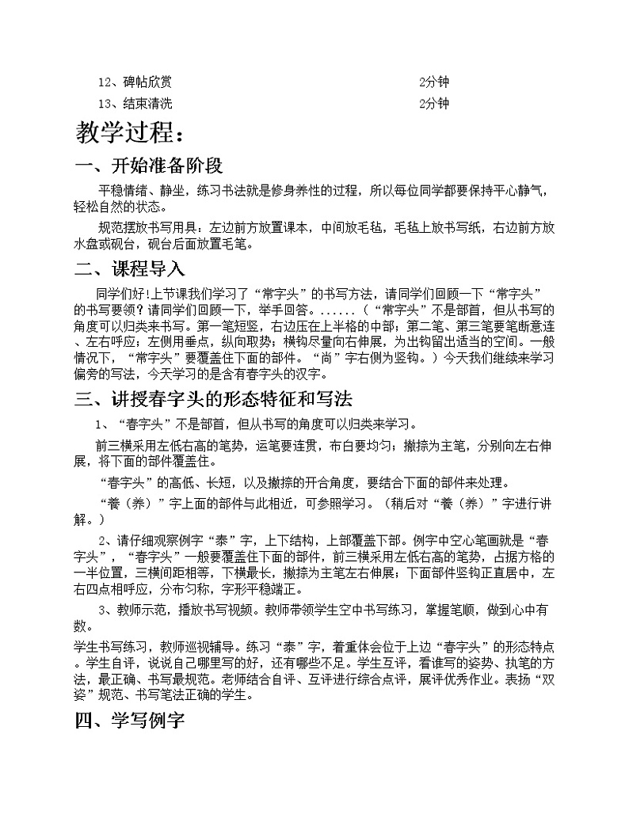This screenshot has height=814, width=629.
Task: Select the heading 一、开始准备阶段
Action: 148,166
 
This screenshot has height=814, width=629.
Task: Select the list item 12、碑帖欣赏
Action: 134,82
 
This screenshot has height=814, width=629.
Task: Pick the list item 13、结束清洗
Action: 134,104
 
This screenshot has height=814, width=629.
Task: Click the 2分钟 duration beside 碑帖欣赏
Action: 433,82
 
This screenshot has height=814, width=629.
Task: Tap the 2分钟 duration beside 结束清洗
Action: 433,104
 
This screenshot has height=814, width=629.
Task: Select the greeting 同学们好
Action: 120,293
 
